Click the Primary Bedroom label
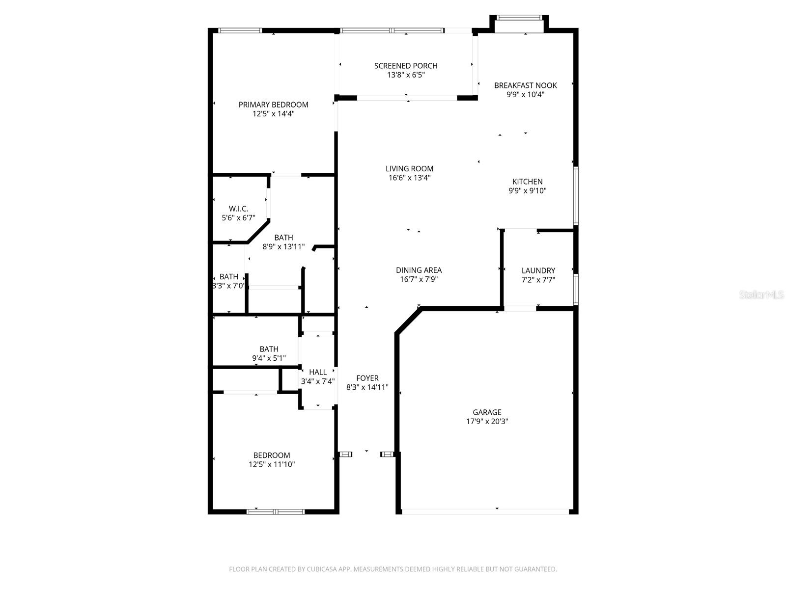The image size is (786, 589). pos(273,105)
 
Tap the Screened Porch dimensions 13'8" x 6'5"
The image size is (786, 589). pos(406,75)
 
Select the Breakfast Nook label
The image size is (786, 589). pos(525,85)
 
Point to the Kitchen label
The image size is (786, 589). pos(527,182)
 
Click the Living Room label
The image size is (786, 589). pos(409,169)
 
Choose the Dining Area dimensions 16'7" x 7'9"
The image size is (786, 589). pos(419,279)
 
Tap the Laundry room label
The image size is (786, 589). pos(538,270)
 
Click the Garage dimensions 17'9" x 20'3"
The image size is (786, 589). pos(487,421)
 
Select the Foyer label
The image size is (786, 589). pos(367,378)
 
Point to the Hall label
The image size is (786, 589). pos(318,372)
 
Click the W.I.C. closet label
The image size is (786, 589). pos(238,209)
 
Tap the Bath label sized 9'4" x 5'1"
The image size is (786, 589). pos(269,349)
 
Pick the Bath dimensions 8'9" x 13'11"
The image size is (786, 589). pos(283,247)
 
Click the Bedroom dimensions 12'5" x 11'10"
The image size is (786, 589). pos(271,464)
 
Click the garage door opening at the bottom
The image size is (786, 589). pos(485,511)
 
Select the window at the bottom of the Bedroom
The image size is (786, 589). pos(275,511)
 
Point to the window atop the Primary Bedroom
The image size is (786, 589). pos(240,30)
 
